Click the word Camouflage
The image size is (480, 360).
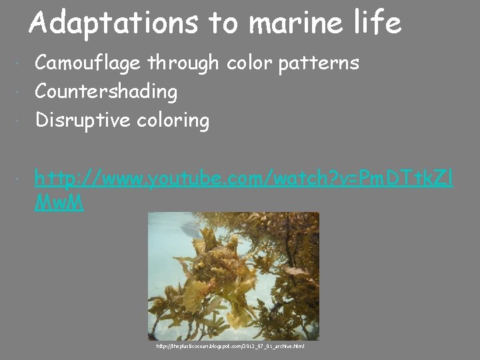click(x=89, y=63)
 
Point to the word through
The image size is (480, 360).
click(x=183, y=63)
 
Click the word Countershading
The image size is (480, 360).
click(x=106, y=92)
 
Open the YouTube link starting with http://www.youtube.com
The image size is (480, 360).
click(x=243, y=178)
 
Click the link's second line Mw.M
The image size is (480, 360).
click(x=59, y=203)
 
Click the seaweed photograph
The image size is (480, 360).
click(x=233, y=276)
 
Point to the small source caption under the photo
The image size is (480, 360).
click(x=230, y=346)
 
